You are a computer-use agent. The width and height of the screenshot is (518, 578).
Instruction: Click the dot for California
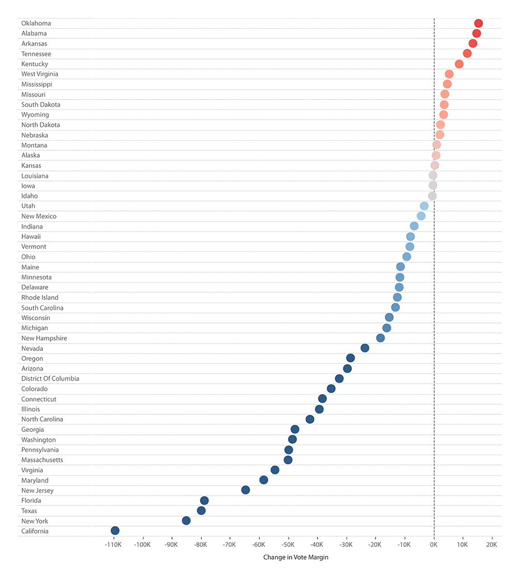(115, 530)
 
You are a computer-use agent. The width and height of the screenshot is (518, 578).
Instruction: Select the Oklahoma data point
(478, 23)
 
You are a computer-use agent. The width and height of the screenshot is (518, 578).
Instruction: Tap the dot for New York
(186, 520)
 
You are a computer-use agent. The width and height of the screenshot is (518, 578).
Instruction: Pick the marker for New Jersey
(246, 490)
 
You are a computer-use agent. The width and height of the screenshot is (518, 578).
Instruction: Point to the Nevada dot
(365, 348)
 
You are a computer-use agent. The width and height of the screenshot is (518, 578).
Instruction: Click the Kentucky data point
(459, 64)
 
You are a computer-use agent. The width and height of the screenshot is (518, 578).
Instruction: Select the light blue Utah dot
(424, 206)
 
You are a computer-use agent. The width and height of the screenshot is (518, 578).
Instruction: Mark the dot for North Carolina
(310, 419)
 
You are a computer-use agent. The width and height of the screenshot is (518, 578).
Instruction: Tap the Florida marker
(204, 500)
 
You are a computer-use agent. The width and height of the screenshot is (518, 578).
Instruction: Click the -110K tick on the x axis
(113, 545)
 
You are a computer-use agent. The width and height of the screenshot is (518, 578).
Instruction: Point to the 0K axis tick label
(434, 545)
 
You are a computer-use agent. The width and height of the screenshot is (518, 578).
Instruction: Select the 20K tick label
(492, 545)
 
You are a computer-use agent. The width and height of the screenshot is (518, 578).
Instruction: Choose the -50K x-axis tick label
(288, 545)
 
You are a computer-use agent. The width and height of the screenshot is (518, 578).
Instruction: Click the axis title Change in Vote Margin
(296, 557)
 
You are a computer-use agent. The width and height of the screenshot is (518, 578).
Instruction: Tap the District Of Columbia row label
(50, 378)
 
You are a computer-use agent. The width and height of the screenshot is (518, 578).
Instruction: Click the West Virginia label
(40, 74)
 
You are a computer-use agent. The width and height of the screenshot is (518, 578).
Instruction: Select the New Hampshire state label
(44, 338)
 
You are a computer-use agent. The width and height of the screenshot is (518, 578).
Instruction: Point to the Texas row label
(29, 511)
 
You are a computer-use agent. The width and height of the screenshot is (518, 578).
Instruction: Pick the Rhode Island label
(40, 298)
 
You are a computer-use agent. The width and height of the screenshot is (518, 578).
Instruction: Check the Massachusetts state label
(42, 460)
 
